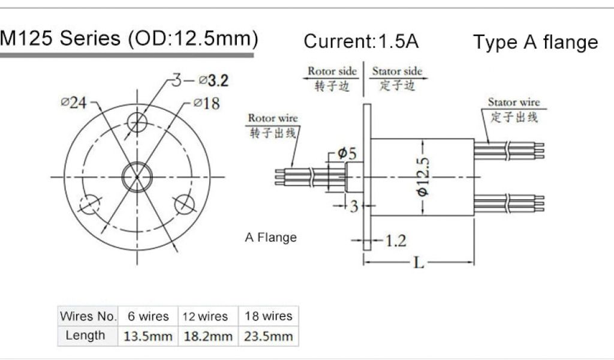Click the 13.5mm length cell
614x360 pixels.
147,337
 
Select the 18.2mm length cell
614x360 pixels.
207,337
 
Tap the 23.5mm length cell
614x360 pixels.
268,337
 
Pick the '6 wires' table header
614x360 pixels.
147,316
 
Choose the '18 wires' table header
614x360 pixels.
268,316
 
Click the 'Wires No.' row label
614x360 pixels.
88,316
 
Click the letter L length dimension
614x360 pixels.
419,263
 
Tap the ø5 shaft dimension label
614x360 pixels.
347,154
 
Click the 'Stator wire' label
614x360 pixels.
513,102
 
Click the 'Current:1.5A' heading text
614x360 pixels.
361,41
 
